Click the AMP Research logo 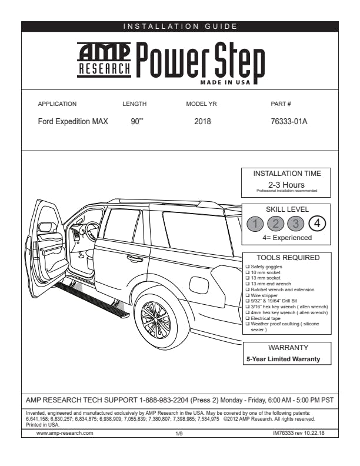105,60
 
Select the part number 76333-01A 289,122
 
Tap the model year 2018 202,122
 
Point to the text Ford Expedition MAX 73,122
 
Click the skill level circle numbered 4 317,224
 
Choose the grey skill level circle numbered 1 255,224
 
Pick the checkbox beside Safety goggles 247,267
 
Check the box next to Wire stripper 247,295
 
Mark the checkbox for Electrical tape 247,318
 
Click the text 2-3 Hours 286,185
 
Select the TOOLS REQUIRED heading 288,258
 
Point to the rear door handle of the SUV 135,258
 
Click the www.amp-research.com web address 65,432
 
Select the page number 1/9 180,433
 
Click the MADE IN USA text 225,82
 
